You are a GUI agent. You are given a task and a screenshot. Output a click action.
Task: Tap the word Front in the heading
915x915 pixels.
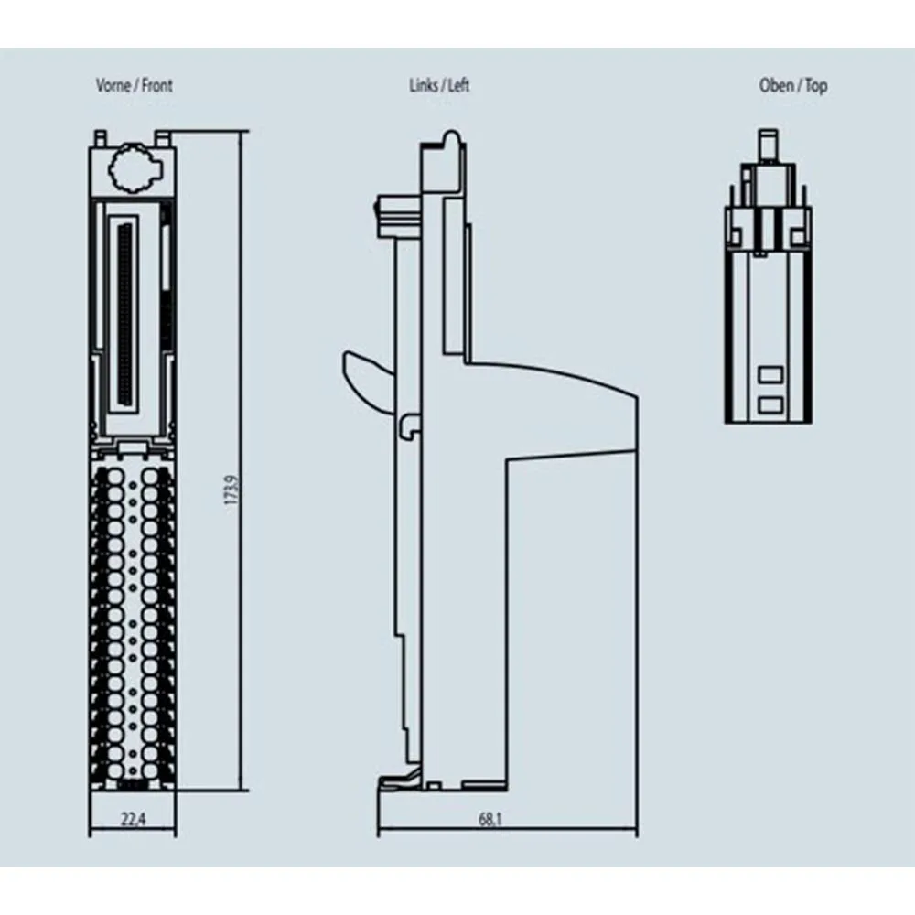(156, 86)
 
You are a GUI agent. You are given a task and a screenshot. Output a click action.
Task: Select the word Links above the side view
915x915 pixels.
(423, 86)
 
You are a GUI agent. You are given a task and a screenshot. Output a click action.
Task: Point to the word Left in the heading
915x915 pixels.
(457, 86)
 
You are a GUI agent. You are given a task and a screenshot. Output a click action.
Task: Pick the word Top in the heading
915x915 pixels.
(816, 86)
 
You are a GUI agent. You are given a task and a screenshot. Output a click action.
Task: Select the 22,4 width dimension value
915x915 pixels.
(133, 821)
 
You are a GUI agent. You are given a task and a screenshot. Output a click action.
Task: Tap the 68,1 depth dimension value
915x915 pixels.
(490, 821)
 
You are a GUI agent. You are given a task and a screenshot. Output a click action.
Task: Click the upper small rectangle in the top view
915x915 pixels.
(770, 374)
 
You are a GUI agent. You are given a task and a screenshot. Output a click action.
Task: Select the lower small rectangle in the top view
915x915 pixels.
(770, 404)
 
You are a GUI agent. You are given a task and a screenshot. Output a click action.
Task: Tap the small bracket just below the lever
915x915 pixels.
(409, 423)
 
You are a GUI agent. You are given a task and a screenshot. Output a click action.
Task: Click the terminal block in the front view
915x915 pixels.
(133, 622)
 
